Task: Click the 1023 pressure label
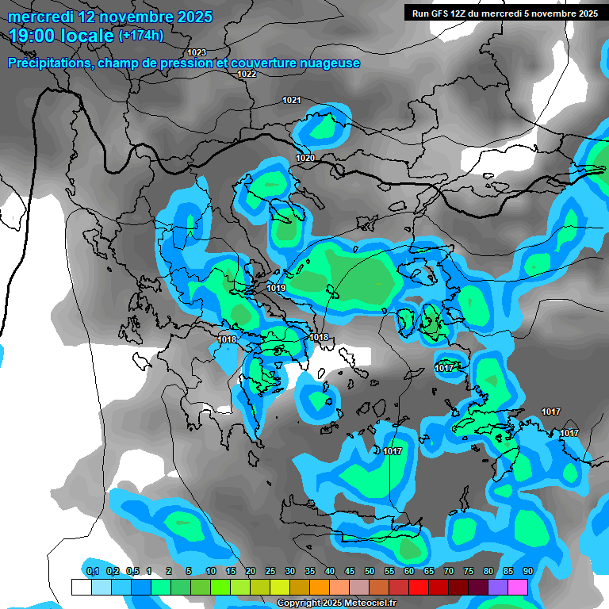click(197, 52)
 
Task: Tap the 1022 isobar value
click(247, 74)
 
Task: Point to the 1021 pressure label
click(292, 100)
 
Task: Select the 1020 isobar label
click(305, 159)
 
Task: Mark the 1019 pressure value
click(277, 288)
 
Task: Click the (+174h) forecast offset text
click(141, 35)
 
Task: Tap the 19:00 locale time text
click(61, 36)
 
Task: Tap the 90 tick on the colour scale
click(527, 571)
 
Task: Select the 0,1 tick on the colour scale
click(92, 571)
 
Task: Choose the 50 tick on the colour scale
click(370, 571)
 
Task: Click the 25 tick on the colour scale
click(270, 571)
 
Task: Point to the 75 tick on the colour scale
click(468, 571)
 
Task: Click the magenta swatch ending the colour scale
click(518, 587)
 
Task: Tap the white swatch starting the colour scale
click(81, 587)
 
